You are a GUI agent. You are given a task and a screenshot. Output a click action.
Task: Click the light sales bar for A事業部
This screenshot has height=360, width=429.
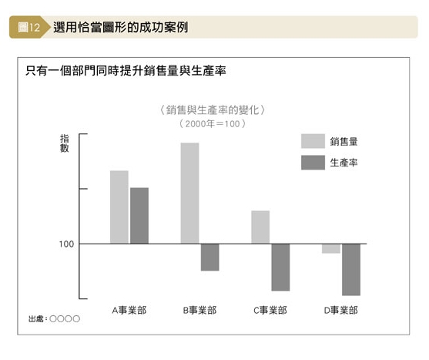tap(119, 207)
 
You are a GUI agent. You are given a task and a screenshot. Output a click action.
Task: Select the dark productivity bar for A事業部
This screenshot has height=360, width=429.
tap(139, 215)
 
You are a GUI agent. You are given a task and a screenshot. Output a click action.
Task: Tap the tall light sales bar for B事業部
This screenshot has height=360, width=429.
tap(190, 193)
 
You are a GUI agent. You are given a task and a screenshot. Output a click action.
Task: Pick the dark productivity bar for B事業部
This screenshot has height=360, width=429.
tap(209, 257)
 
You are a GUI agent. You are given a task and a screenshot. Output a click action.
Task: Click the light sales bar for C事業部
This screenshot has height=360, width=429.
tap(260, 227)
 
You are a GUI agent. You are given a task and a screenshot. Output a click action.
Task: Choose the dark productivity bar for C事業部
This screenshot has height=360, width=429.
tap(280, 267)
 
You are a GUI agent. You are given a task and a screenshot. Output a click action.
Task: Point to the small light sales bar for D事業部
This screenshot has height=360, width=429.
tap(331, 248)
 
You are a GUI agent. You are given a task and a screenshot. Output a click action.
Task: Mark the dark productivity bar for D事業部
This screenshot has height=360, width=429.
tap(351, 270)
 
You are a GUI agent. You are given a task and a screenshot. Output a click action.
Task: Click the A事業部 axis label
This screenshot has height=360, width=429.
tap(129, 310)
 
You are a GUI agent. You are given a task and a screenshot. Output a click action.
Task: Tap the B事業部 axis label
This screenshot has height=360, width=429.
tap(199, 310)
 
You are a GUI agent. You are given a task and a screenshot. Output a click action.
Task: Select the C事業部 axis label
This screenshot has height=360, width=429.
tap(270, 310)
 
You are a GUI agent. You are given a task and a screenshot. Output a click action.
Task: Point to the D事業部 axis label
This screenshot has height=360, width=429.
tap(341, 310)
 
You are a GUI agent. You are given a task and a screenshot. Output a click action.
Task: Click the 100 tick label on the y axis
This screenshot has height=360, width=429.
tap(66, 244)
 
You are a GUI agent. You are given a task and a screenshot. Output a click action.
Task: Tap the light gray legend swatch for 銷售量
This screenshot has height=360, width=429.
tap(313, 141)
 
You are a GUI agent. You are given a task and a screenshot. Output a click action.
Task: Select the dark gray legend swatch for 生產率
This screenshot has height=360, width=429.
tap(313, 163)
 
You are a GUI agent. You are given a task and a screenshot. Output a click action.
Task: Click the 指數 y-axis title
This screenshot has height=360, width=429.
tap(65, 143)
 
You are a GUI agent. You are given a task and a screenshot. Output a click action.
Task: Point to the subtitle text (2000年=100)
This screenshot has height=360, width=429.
tap(213, 124)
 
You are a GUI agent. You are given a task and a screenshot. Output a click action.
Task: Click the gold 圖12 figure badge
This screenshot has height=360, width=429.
tap(29, 27)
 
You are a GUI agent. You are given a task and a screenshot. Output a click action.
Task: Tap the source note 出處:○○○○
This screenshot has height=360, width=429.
tap(54, 318)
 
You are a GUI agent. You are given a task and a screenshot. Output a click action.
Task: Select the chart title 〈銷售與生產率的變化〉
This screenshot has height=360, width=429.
tap(213, 110)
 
